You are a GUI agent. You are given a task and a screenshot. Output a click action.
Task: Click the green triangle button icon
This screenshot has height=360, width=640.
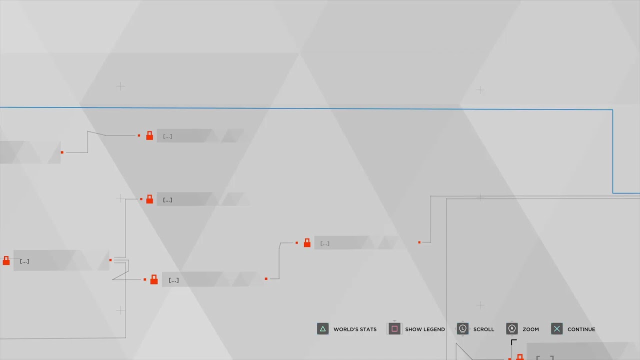(x=322, y=329)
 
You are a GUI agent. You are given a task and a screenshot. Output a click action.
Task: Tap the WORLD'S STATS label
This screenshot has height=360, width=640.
(x=355, y=329)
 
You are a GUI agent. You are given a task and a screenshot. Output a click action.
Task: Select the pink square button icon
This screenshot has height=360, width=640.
(x=394, y=329)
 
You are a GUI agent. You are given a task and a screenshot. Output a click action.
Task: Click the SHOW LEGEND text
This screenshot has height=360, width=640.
(x=425, y=329)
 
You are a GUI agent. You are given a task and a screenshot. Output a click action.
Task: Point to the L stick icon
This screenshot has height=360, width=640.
(x=462, y=329)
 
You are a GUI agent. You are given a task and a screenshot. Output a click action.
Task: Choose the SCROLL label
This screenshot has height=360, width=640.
(x=483, y=329)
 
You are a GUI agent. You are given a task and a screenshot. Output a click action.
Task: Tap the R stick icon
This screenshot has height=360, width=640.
(x=511, y=329)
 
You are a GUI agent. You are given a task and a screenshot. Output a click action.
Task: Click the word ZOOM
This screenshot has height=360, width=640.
(x=531, y=329)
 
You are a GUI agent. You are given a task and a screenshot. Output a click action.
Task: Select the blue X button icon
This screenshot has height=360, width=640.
(x=557, y=329)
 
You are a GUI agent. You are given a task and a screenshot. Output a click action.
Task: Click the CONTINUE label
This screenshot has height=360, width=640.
(x=581, y=329)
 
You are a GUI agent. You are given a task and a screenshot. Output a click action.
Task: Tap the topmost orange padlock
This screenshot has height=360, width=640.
(x=149, y=135)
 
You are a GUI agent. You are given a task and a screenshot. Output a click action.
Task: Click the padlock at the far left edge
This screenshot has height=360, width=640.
(x=6, y=260)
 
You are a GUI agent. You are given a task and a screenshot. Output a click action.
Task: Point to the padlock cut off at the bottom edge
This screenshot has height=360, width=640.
(x=519, y=357)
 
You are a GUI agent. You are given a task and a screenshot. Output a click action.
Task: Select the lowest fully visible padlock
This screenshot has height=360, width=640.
(x=154, y=279)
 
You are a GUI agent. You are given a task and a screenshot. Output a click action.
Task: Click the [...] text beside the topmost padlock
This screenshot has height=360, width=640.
(x=167, y=136)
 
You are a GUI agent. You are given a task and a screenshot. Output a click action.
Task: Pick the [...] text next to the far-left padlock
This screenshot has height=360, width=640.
(x=24, y=261)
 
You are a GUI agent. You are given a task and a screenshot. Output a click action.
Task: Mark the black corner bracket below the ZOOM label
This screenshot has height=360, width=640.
(x=513, y=341)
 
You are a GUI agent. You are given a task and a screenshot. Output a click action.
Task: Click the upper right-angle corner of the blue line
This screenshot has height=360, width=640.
(x=612, y=109)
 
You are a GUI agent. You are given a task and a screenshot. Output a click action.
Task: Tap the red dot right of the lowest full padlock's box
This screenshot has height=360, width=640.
(x=266, y=278)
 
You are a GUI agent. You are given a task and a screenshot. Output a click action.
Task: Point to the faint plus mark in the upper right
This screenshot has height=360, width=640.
(x=480, y=90)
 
